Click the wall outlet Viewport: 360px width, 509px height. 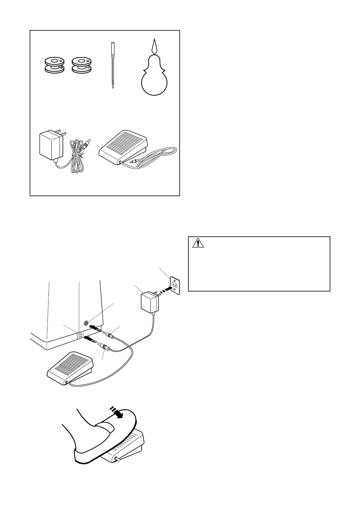[x=174, y=285]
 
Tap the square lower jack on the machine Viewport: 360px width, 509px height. [x=81, y=334]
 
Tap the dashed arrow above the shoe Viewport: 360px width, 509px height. [x=117, y=412]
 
